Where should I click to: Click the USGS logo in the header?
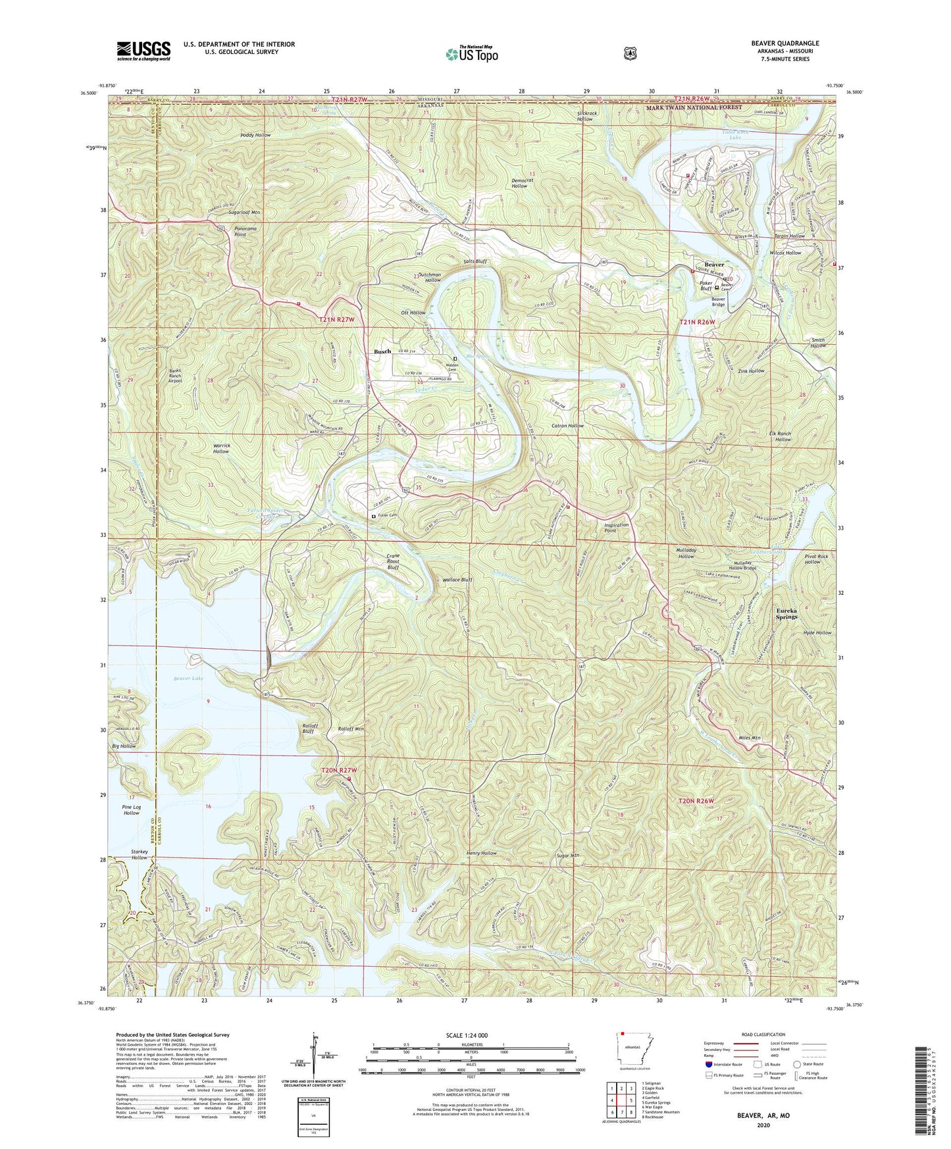[143, 51]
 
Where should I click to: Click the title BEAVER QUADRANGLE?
[785, 43]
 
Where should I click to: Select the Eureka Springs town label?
[786, 613]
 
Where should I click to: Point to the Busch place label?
[382, 351]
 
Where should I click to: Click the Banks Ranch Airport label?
[174, 375]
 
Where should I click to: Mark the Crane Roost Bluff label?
[392, 561]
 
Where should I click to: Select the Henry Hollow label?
[481, 854]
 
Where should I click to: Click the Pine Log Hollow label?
[132, 810]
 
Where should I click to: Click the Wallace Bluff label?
[457, 580]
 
